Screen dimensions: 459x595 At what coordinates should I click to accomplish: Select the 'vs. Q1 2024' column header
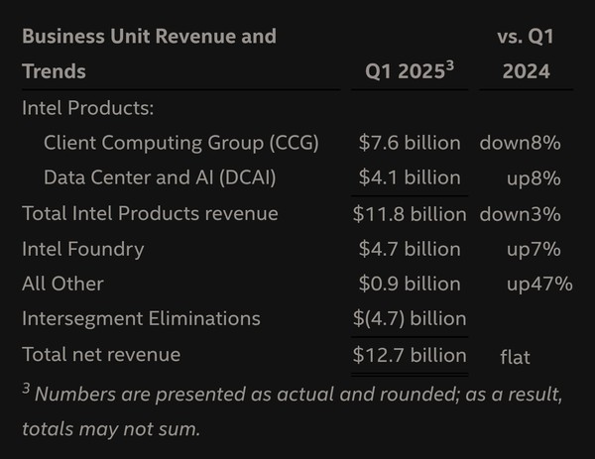click(526, 55)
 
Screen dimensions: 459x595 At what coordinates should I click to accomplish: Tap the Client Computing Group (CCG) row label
click(181, 143)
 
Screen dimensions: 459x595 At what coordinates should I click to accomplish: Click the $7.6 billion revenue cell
click(410, 143)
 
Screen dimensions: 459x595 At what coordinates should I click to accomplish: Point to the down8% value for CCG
click(521, 143)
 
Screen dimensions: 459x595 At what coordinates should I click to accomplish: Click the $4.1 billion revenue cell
click(410, 178)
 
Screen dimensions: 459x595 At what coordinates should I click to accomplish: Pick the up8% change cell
click(534, 178)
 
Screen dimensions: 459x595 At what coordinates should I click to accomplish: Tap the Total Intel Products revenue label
click(150, 213)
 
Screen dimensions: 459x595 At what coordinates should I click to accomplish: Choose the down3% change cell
click(521, 213)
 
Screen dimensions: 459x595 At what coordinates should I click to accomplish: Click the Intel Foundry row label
click(83, 249)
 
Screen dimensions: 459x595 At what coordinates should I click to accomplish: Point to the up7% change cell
click(534, 249)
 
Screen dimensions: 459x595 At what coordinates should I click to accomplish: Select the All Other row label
click(63, 284)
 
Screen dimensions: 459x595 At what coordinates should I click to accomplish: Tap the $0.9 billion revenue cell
click(410, 284)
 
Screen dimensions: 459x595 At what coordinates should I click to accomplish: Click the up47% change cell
click(539, 284)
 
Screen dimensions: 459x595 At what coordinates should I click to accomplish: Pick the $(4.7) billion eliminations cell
click(410, 318)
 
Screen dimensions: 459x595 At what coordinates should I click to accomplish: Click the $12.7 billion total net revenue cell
click(410, 354)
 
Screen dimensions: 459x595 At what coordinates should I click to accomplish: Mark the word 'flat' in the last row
click(516, 356)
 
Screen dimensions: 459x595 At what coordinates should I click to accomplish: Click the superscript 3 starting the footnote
click(26, 388)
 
